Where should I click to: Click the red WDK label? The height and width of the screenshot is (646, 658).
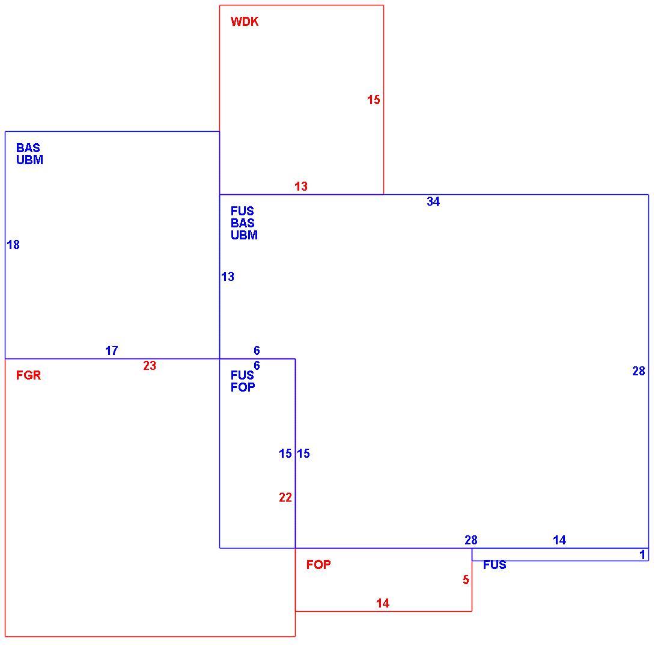245,22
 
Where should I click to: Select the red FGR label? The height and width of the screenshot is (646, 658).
28,375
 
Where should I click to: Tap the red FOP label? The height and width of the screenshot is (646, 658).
318,565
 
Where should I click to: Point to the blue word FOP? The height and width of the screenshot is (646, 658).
243,387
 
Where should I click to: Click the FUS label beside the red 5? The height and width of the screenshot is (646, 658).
495,565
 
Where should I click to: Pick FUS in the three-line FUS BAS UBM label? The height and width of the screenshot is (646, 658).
243,211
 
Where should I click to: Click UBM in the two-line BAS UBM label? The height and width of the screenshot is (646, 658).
30,160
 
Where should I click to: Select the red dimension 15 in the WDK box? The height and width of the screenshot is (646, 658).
374,100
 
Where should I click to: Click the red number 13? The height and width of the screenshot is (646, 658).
301,186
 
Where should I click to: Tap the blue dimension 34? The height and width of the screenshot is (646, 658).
433,201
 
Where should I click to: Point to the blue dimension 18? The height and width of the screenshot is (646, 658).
13,245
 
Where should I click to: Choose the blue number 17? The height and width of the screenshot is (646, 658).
112,351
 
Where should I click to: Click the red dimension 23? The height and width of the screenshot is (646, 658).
150,366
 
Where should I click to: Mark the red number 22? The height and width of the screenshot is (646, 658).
285,497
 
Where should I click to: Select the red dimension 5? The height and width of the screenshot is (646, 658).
466,580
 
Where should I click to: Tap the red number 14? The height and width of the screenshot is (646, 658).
383,603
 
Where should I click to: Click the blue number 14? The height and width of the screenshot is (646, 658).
559,540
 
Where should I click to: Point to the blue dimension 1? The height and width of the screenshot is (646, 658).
642,555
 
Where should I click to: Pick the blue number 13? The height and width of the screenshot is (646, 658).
228,277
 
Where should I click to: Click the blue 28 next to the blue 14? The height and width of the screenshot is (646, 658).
471,540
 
